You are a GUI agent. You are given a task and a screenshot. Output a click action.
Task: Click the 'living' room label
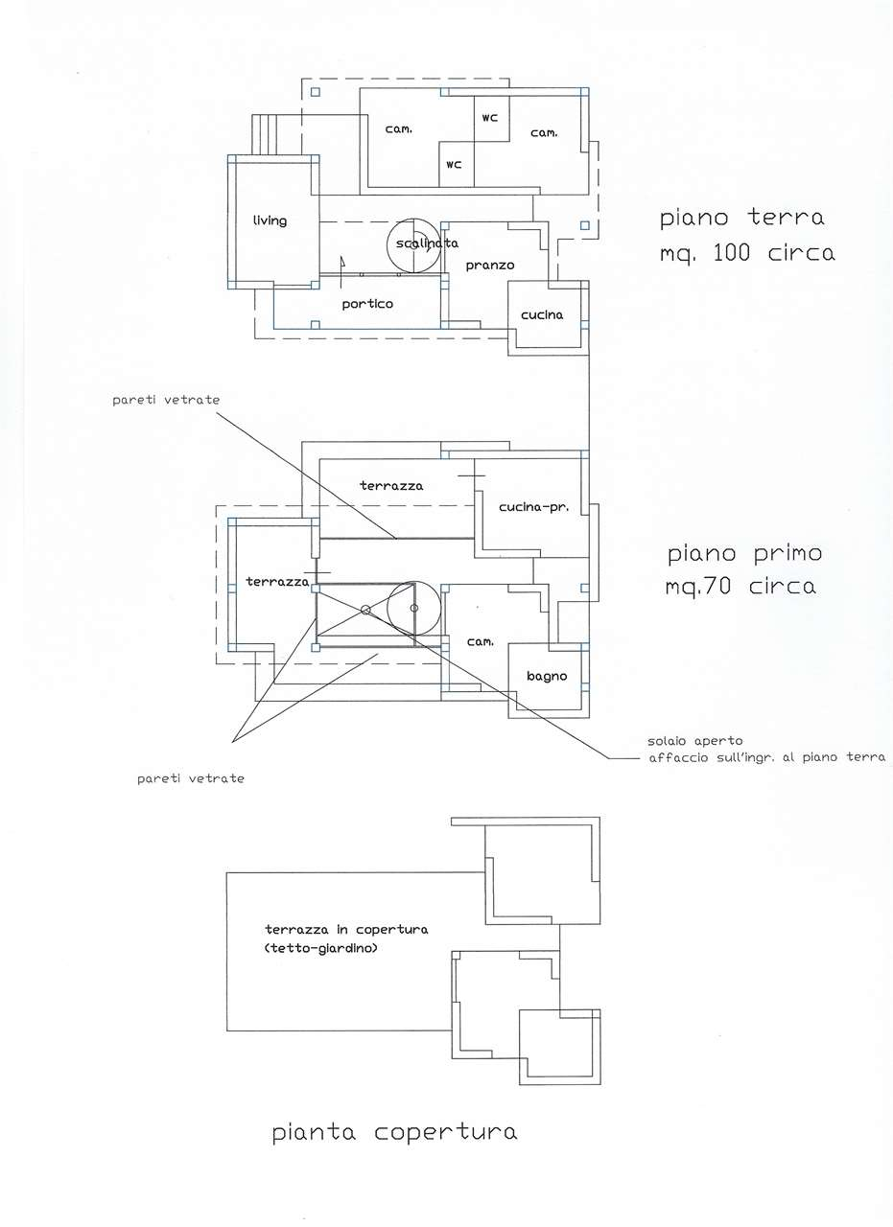click(270, 220)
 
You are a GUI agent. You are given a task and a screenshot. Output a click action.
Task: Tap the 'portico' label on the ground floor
click(367, 304)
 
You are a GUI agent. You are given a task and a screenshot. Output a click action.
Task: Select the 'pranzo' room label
click(490, 266)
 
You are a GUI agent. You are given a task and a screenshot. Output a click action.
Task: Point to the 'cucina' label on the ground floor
click(542, 315)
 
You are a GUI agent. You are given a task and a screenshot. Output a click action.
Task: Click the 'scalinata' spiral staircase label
click(427, 243)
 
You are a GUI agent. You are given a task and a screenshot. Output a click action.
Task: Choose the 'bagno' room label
click(547, 677)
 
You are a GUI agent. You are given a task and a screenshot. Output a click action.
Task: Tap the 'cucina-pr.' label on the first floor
click(534, 507)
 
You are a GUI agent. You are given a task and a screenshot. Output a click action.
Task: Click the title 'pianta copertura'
click(394, 1132)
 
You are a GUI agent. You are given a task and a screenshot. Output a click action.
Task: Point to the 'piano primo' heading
click(744, 554)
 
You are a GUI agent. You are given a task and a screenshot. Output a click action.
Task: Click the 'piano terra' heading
click(741, 218)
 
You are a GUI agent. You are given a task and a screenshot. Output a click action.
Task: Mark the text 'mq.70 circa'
click(740, 587)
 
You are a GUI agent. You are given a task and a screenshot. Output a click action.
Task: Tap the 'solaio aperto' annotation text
click(695, 741)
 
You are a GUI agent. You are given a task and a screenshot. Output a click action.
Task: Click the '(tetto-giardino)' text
click(320, 948)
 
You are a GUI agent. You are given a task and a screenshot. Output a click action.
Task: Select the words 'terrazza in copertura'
click(346, 930)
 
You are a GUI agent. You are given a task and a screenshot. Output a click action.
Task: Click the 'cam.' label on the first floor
click(481, 641)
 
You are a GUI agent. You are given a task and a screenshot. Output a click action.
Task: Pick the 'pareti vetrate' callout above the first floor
click(166, 401)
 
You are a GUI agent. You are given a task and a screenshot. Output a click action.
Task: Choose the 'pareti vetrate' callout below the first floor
click(191, 779)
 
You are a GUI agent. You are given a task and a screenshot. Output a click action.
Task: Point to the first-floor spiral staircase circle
click(413, 582)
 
